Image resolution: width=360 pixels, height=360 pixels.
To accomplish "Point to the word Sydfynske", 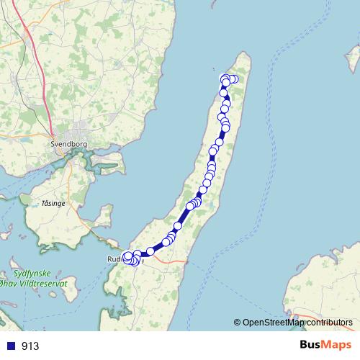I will click(32, 274).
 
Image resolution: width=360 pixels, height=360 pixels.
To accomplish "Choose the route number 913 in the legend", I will click(30, 346).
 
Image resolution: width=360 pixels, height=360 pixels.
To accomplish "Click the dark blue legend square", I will click(11, 346).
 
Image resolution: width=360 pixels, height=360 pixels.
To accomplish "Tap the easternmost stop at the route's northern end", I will click(235, 78).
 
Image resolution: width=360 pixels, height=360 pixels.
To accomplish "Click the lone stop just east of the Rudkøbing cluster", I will click(150, 251).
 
